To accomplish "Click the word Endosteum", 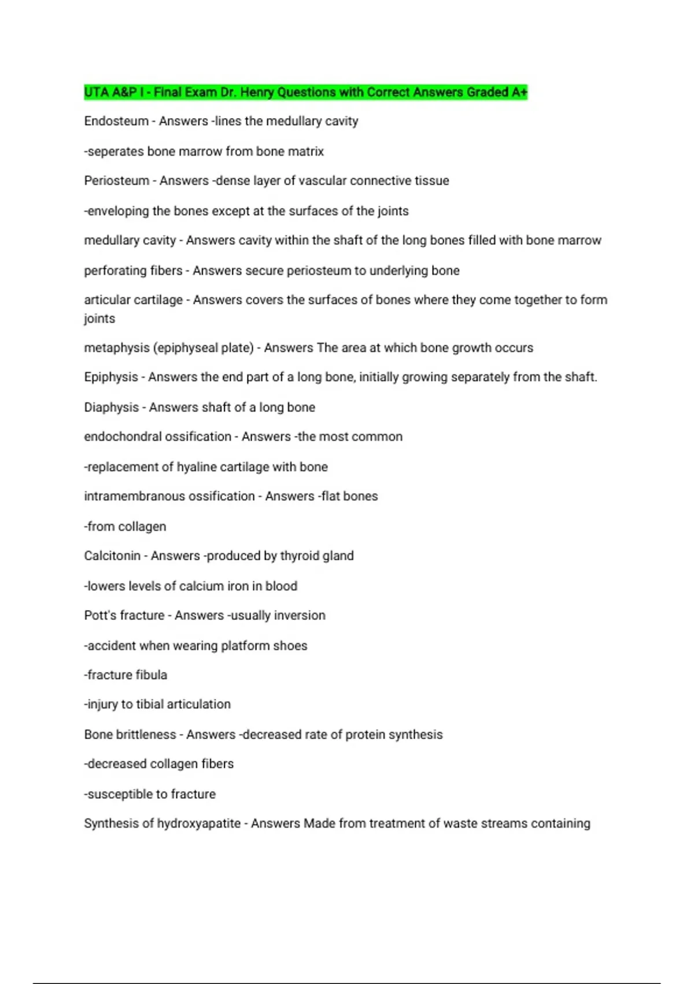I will pos(116,121).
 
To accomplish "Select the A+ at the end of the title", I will pos(519,92).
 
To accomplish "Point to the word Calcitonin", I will pos(112,556).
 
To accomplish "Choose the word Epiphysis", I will pos(111,377).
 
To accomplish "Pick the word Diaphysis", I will pos(112,407).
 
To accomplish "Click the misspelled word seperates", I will pos(115,152).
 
